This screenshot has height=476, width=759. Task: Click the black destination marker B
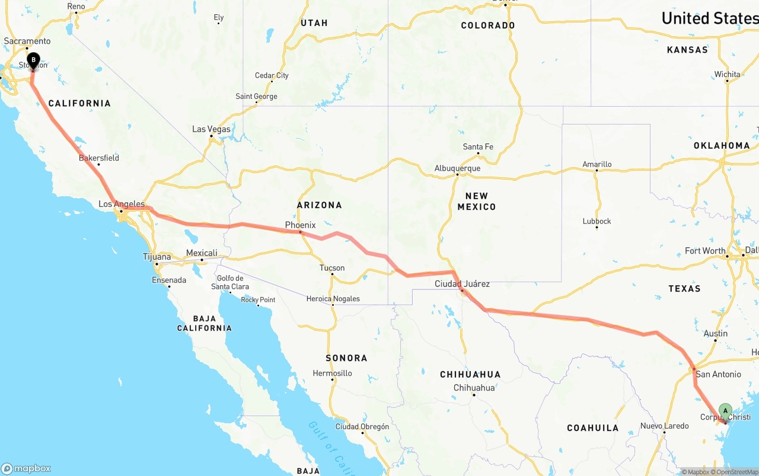pos(34,60)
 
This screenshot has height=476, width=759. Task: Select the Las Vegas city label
pos(211,129)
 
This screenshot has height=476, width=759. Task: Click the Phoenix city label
pos(300,225)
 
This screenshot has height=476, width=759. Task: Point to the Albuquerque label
pos(457,168)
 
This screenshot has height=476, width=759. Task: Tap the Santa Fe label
pos(478,147)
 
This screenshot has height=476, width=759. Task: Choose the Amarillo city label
pos(597,164)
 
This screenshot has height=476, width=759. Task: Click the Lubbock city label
pos(597,221)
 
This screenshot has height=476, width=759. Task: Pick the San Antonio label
pos(718,374)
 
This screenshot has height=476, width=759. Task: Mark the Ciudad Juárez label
pos(462,284)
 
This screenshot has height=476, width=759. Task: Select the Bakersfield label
pos(99,158)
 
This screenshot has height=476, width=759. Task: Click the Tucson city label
pos(332,268)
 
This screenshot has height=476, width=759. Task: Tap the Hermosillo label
pos(333,373)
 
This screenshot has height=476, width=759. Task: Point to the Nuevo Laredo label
pos(664,426)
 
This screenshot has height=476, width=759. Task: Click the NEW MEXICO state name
pos(476,201)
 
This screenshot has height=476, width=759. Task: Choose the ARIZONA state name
pos(320,205)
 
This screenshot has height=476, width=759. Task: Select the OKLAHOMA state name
pos(722,145)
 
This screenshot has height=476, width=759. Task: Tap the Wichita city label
pos(727,74)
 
